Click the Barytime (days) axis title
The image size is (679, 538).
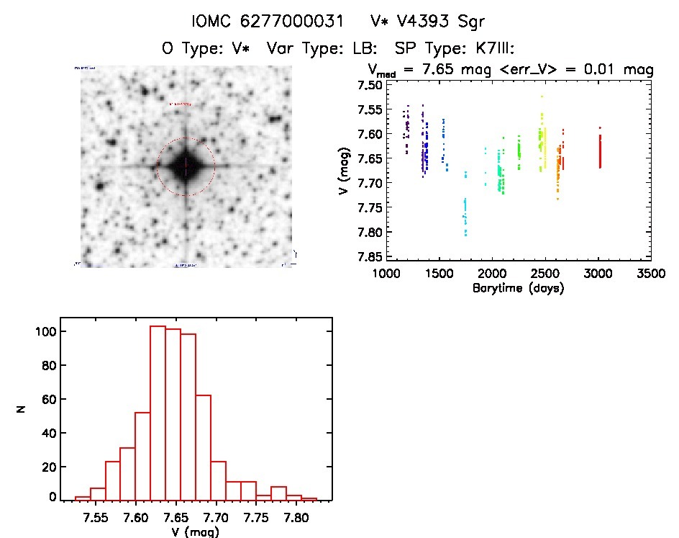518,288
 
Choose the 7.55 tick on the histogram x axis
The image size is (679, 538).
96,516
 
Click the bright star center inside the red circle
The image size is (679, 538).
186,166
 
